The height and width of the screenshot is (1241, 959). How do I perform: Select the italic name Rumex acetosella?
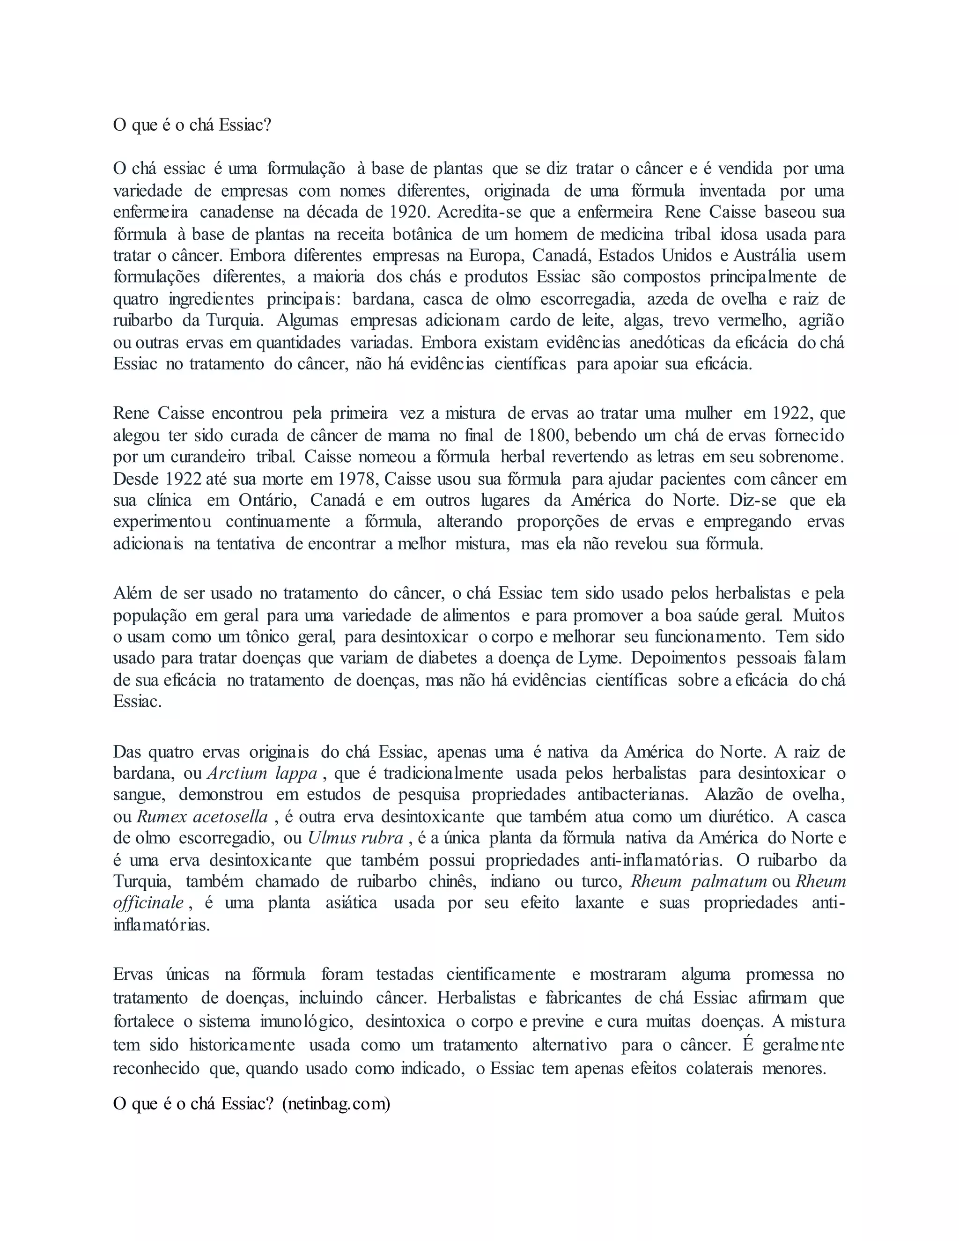coord(203,817)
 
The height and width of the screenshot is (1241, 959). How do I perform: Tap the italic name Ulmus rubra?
coord(356,838)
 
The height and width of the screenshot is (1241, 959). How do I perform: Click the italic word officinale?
coord(149,903)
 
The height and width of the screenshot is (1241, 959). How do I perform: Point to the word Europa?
coord(495,256)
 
